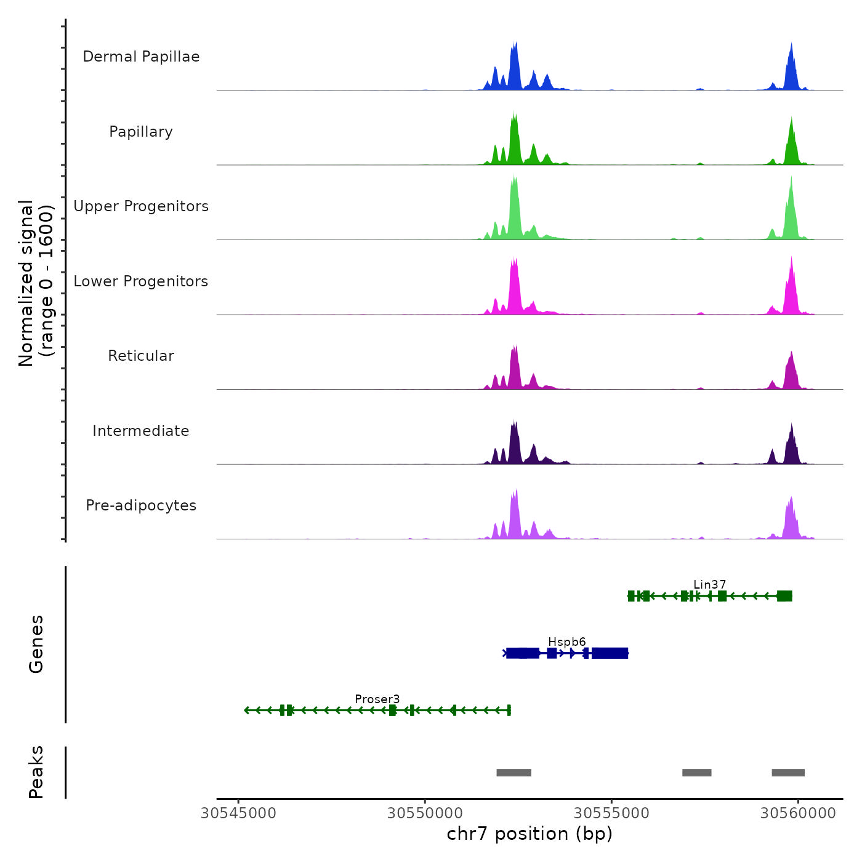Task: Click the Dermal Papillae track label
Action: click(141, 57)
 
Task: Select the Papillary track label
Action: click(141, 132)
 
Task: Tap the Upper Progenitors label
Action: click(141, 206)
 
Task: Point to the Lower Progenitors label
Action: click(141, 281)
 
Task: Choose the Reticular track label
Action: click(141, 356)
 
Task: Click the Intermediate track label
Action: click(141, 431)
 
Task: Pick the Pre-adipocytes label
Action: click(141, 506)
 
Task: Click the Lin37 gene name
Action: click(709, 584)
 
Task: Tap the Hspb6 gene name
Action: click(566, 642)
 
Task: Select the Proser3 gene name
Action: click(377, 699)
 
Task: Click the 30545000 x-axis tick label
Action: click(238, 813)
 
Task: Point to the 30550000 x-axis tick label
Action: click(425, 813)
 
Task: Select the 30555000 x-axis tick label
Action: click(611, 813)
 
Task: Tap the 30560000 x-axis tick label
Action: click(798, 813)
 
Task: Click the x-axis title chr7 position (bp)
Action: click(530, 834)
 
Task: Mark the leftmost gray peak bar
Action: click(514, 773)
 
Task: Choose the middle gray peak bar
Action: click(696, 773)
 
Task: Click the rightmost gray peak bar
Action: click(788, 773)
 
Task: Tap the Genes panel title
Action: click(36, 644)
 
